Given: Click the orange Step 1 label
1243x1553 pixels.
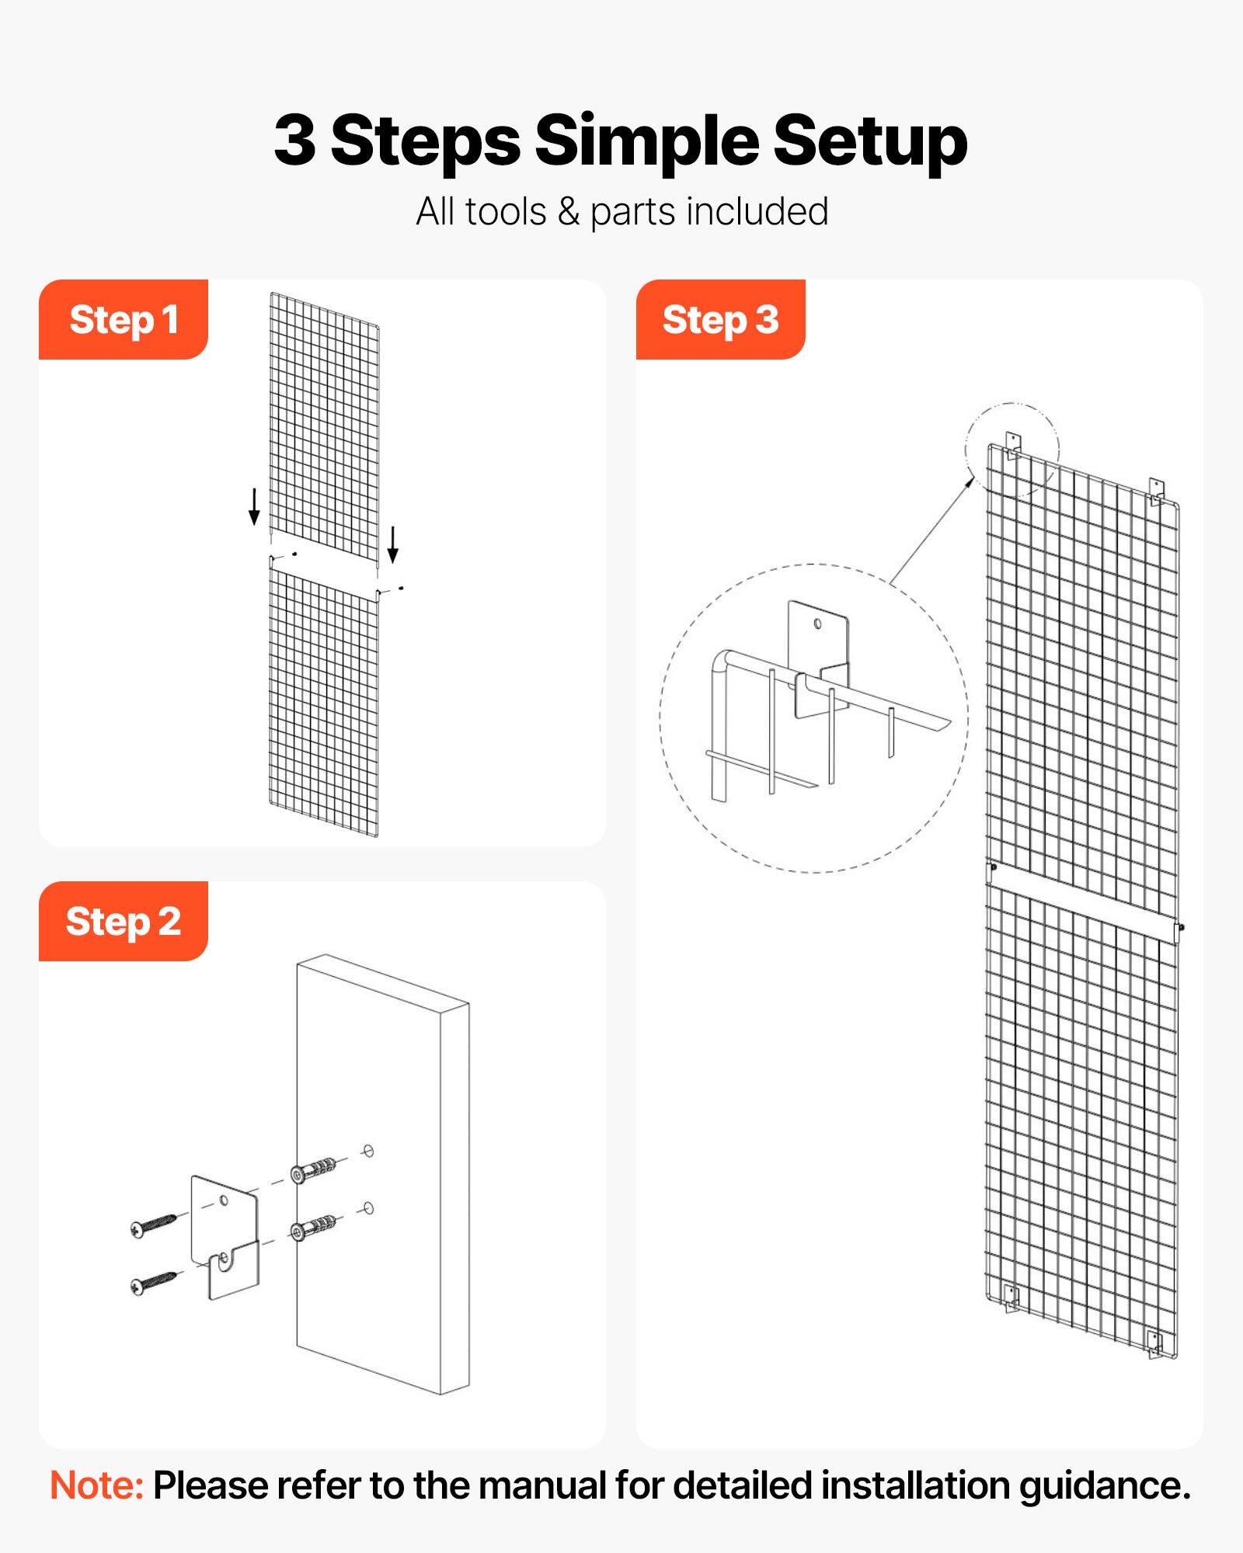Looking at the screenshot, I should tap(124, 320).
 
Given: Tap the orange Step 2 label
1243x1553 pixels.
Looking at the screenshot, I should tap(124, 922).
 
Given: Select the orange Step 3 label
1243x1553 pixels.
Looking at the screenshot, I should tap(720, 320).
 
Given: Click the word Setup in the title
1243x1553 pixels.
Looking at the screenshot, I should tap(870, 141).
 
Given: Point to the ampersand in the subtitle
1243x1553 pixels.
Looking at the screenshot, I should tap(569, 212).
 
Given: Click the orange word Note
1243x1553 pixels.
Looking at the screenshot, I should tap(96, 1485).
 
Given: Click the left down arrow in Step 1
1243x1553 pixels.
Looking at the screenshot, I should tap(254, 506).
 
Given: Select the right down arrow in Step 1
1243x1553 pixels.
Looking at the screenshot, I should tap(393, 544).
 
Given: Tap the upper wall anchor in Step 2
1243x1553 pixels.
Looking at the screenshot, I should tap(314, 1170).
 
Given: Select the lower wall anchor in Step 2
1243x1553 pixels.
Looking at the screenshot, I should tap(314, 1228).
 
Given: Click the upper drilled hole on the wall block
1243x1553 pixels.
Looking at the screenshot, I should tap(369, 1151).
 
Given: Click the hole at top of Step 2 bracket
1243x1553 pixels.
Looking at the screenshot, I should tap(225, 1200).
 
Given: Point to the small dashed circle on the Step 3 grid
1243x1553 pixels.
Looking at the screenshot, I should tap(1012, 450).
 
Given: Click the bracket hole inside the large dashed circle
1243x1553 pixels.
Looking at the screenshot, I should tap(817, 624).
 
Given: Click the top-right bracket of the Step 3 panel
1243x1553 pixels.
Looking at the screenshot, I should tap(1157, 491).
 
